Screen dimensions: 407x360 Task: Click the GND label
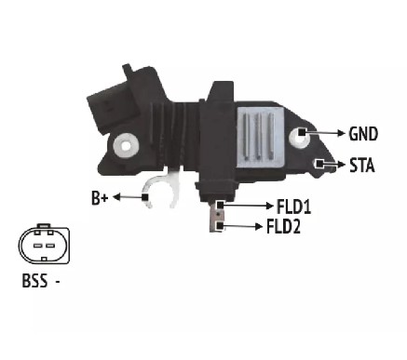pos(363,134)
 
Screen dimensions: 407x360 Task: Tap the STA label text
pos(362,166)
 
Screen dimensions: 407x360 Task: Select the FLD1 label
pos(293,207)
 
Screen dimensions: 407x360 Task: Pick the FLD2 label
pos(283,226)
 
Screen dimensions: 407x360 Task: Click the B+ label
pos(100,198)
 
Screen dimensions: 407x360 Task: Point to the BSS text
pos(34,281)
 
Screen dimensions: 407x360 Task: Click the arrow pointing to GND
pos(325,133)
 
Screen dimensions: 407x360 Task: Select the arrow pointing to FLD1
pos(249,206)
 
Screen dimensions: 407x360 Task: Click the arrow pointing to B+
pos(128,197)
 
